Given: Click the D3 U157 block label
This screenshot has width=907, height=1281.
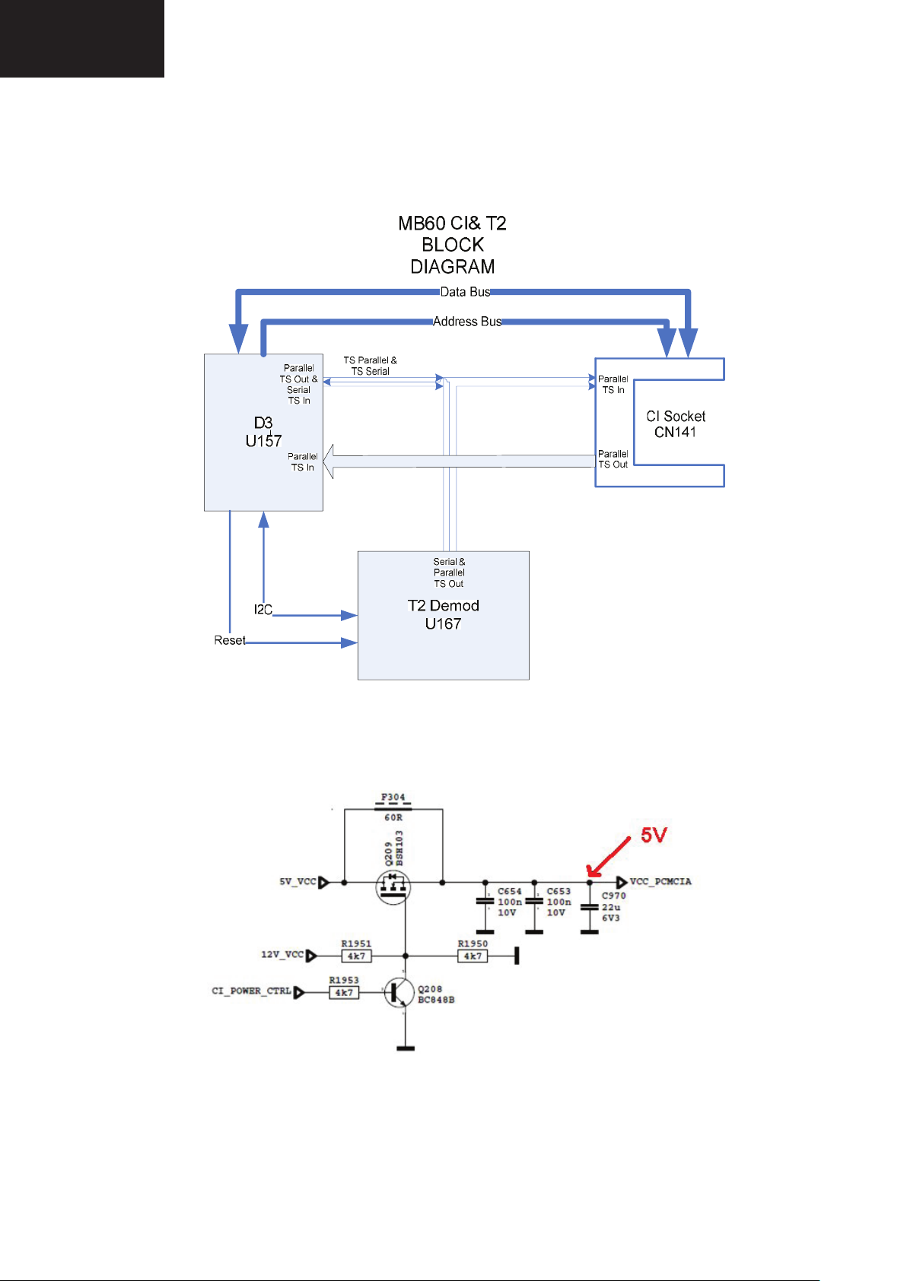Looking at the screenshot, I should pos(263,432).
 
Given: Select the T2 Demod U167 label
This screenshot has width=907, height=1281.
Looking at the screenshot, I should pos(443,614).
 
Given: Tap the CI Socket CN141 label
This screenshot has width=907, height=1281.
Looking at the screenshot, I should pos(676,424).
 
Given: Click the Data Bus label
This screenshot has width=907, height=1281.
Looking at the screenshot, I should pos(465,292).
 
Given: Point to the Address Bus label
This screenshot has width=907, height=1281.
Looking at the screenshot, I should pos(467,322).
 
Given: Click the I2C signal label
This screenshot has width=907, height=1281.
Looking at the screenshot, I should pos(263,610).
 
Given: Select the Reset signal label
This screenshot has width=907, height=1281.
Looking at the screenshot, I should pos(229,640).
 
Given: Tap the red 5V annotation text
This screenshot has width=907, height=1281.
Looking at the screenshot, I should pos(654,836).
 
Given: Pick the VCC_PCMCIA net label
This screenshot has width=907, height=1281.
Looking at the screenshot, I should pos(660,882).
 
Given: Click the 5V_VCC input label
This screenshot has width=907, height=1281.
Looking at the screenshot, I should pos(298,882).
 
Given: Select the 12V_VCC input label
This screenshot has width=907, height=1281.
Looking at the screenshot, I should pos(282,954).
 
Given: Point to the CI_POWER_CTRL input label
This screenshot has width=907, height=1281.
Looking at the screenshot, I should pos(251,991).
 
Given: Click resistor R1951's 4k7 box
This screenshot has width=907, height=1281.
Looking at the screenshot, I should pos(356,956).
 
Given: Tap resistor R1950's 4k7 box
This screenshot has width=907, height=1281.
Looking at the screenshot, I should pos(473,956).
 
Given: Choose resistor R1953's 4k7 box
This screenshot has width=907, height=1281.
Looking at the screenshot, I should pos(344,993).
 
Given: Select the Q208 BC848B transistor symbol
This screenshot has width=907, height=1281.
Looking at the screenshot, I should pos(399,992).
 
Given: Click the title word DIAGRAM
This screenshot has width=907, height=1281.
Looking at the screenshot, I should pos(453,267).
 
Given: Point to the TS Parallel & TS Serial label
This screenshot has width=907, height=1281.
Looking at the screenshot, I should pos(370,366).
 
